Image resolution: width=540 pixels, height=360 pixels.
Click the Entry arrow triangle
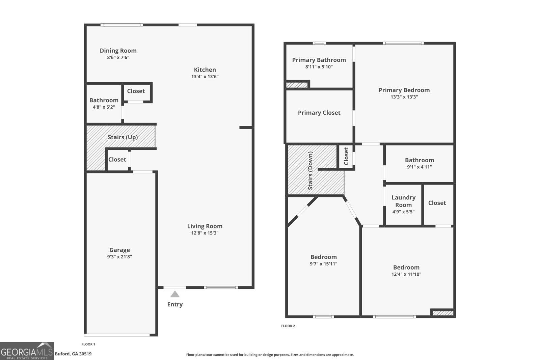click(x=175, y=294)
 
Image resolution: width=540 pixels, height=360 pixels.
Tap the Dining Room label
click(x=118, y=51)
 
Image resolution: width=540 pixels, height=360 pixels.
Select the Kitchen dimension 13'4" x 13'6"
click(x=205, y=77)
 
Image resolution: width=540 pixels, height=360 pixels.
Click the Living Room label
click(x=205, y=226)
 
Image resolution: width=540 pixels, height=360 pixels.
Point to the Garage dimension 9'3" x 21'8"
click(x=119, y=257)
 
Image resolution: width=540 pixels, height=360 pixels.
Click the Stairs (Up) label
click(x=123, y=137)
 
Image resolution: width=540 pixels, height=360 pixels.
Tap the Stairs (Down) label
click(x=310, y=170)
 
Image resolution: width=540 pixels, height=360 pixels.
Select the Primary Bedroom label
click(x=404, y=90)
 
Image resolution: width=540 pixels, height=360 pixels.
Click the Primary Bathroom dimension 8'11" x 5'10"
click(x=319, y=67)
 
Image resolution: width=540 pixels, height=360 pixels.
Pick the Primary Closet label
click(x=319, y=113)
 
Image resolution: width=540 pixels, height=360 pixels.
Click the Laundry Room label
click(x=404, y=201)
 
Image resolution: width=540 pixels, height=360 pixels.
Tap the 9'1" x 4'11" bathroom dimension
click(x=420, y=167)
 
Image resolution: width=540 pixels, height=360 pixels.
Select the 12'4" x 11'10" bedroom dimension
click(x=406, y=274)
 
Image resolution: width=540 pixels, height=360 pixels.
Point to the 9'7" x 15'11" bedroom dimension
click(x=324, y=264)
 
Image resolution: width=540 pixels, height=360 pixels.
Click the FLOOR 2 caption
click(x=288, y=326)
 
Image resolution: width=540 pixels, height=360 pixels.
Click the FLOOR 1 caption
click(x=88, y=344)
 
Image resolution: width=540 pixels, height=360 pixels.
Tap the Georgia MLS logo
click(x=27, y=351)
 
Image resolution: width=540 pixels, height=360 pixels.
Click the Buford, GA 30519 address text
click(x=73, y=354)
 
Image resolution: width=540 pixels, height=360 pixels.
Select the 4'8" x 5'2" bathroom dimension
click(x=104, y=107)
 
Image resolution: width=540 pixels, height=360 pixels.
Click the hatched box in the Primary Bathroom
click(x=297, y=85)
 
